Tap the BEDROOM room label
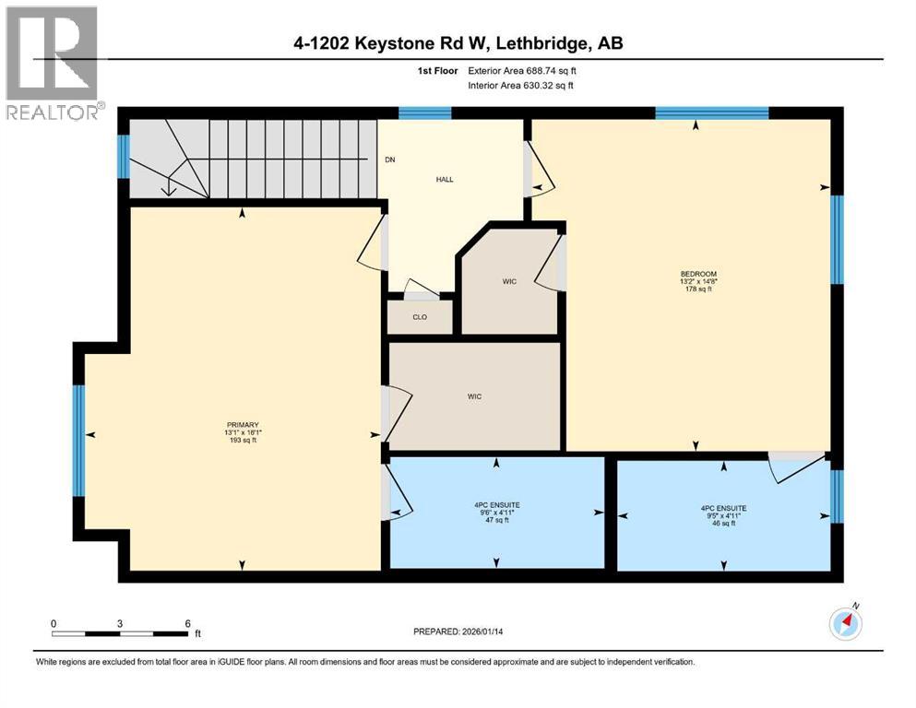click(x=697, y=273)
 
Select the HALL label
click(x=445, y=180)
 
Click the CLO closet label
click(x=420, y=317)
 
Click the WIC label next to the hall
click(x=509, y=281)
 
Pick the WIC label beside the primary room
click(x=475, y=396)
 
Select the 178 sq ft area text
click(x=697, y=289)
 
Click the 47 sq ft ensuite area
click(x=498, y=521)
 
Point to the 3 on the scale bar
click(x=120, y=623)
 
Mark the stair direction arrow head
click(x=168, y=191)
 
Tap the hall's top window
click(x=425, y=113)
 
